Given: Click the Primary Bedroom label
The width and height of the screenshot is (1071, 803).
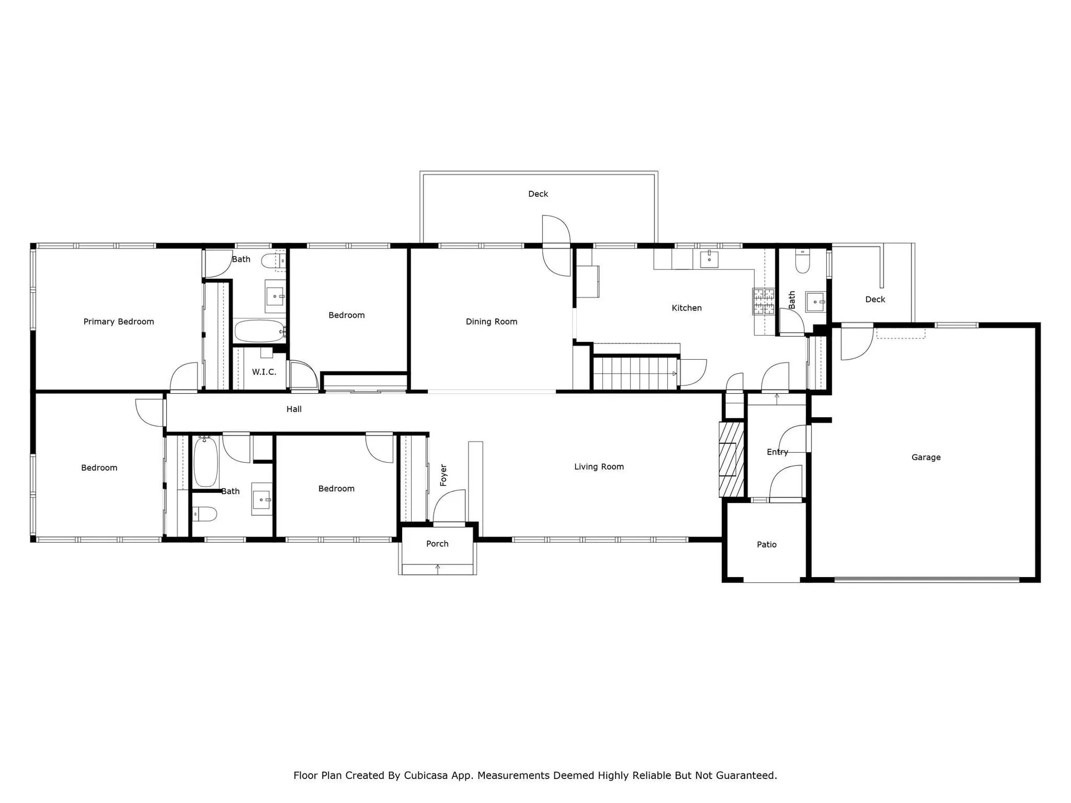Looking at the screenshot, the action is [119, 322].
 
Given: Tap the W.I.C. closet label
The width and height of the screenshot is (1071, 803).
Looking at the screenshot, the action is [264, 372].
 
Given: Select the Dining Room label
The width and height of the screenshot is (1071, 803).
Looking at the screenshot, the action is [491, 322].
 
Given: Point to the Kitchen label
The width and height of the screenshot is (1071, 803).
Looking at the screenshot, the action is [687, 308].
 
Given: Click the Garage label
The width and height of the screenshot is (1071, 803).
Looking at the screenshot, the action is [926, 457].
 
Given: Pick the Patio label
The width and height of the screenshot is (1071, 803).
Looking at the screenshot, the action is [766, 544].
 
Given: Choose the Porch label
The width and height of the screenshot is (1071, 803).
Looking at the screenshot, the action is [437, 544].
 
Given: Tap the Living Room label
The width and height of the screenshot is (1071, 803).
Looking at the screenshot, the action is [599, 467].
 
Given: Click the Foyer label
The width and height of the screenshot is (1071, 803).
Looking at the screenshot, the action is [443, 475].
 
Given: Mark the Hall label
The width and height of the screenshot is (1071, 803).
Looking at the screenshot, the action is [294, 409].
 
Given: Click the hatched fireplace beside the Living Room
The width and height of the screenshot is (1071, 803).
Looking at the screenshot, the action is [732, 459].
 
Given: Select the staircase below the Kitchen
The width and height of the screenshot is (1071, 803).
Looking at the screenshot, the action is [635, 374].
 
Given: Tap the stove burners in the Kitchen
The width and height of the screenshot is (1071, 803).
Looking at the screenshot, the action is [764, 301].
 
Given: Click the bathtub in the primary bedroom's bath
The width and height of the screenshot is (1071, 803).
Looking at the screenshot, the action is [260, 331].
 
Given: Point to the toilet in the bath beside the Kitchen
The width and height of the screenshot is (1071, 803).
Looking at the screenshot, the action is [802, 262].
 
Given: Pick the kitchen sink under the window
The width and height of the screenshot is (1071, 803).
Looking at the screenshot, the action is [709, 259].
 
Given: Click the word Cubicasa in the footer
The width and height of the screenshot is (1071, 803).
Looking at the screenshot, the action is [426, 775].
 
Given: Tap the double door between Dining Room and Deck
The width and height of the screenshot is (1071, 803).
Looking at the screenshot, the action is [556, 245].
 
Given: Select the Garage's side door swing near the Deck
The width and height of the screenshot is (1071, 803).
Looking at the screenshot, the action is [856, 342].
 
